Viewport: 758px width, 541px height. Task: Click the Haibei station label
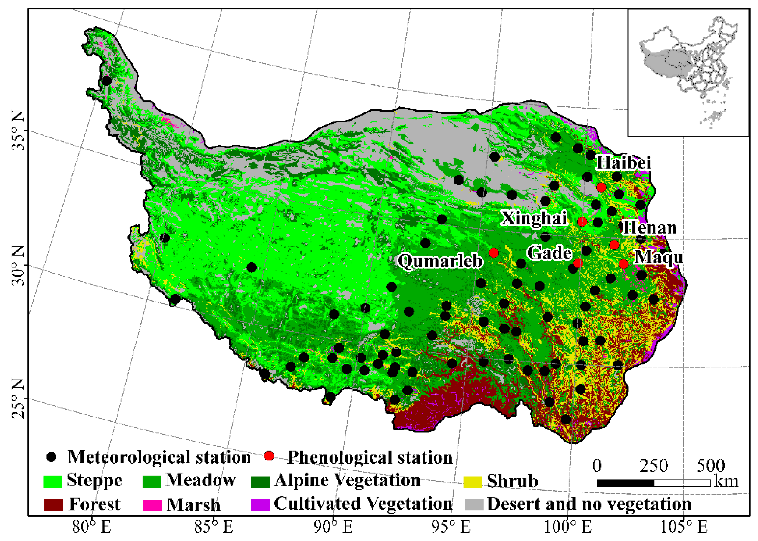point(623,163)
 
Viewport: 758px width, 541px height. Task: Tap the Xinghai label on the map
point(534,218)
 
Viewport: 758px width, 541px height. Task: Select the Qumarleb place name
point(440,260)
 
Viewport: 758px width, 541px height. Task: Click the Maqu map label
point(658,257)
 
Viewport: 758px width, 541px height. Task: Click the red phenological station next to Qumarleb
point(494,253)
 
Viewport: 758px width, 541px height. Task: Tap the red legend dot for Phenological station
point(269,456)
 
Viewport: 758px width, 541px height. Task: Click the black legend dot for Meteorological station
point(51,457)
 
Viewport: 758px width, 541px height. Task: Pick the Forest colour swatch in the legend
point(53,505)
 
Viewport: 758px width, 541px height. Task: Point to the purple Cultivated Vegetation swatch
point(260,505)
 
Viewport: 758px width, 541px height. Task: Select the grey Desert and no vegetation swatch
point(474,505)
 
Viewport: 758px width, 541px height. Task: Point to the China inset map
point(688,72)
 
